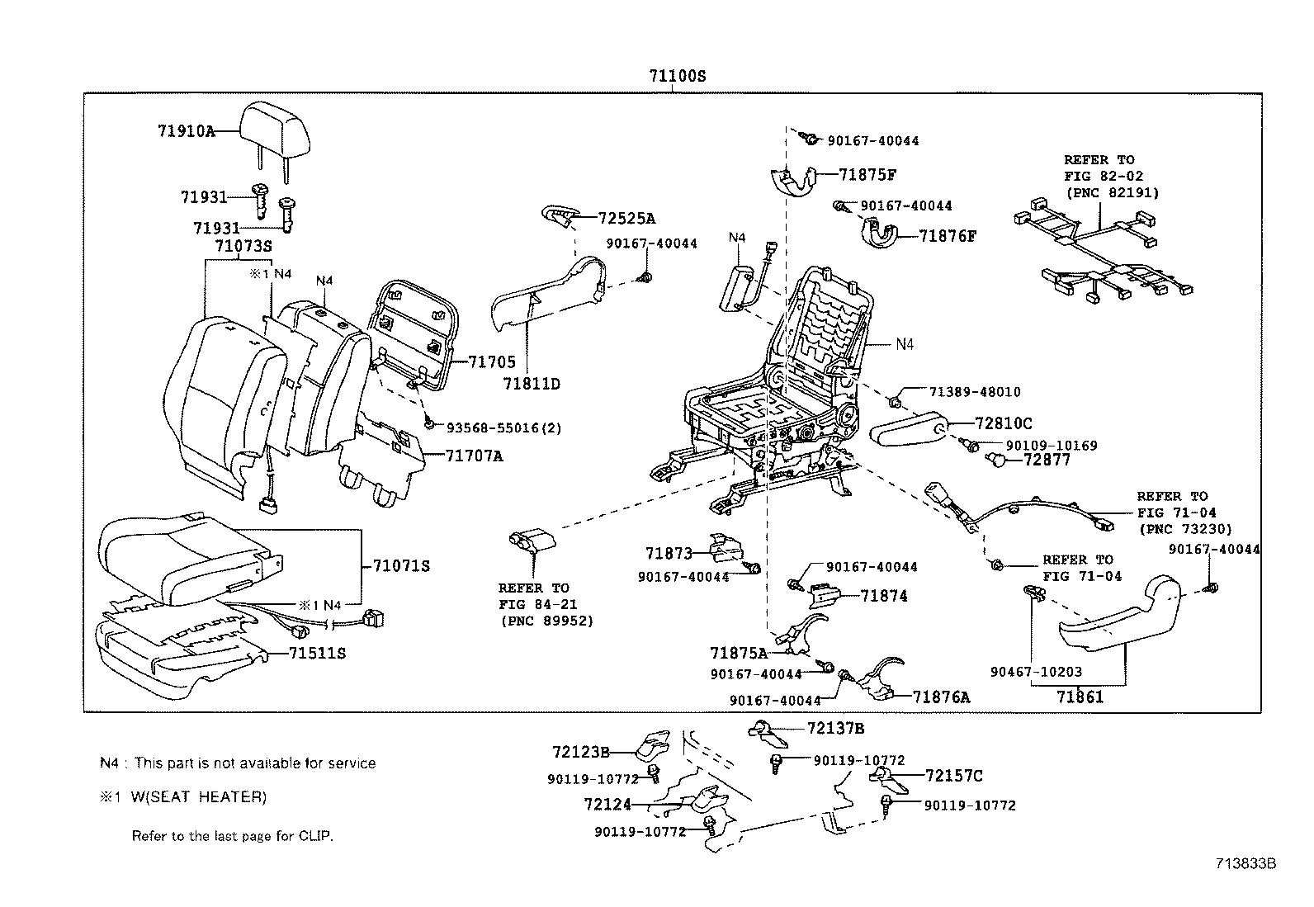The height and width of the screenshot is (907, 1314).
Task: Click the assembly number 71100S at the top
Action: point(677,76)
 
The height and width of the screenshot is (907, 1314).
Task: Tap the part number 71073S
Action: point(243,246)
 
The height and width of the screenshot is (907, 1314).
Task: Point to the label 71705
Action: point(491,361)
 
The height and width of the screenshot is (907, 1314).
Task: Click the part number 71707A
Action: point(474,456)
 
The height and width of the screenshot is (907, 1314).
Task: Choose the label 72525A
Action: point(626,219)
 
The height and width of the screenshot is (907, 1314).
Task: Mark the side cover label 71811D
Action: point(532,384)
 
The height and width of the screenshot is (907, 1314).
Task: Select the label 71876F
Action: point(948,237)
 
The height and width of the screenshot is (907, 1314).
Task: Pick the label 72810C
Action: point(1003,423)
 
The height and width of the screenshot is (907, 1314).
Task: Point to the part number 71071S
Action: point(401,566)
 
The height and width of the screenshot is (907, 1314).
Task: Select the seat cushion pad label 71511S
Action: point(317,654)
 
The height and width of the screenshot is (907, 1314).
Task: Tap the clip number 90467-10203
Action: point(1036,673)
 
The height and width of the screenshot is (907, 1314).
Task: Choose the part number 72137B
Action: point(835,728)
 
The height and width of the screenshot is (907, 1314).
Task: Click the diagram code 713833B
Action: point(1245,864)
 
